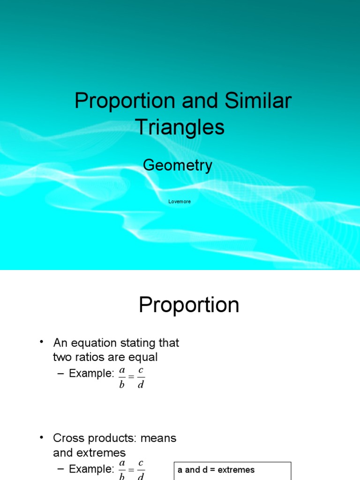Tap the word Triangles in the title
(x=180, y=127)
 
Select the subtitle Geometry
(x=178, y=165)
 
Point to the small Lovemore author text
(x=180, y=202)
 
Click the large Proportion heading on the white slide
(x=189, y=306)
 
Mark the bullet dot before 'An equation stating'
(x=42, y=343)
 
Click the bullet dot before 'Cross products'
(x=42, y=438)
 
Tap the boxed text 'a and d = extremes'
(x=216, y=470)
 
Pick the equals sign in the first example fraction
(x=131, y=377)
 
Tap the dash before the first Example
(x=60, y=374)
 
